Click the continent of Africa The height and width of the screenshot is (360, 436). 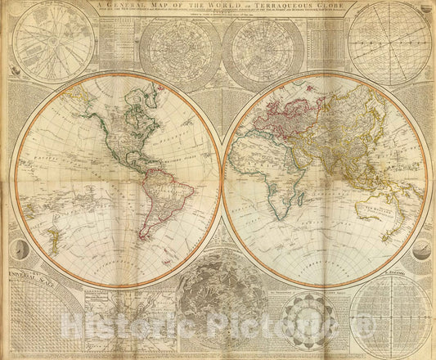pyautogui.click(x=270, y=172)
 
